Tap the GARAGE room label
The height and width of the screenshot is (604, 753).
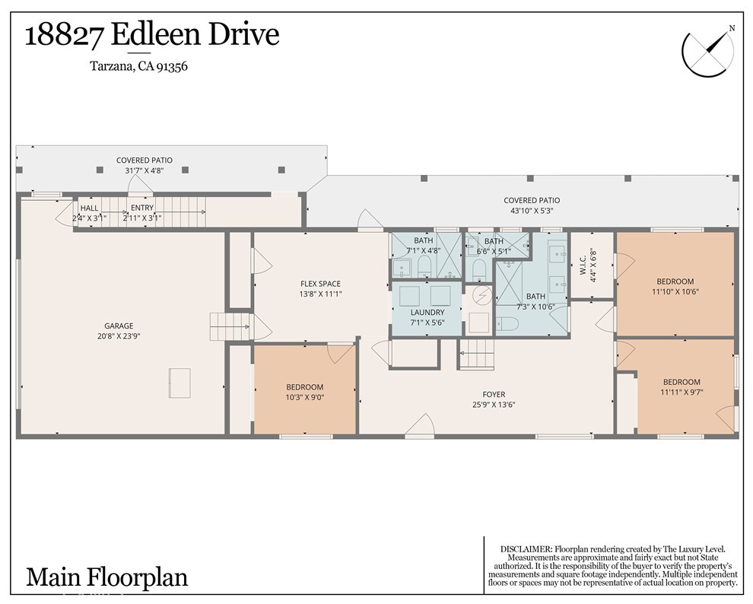pyautogui.click(x=119, y=325)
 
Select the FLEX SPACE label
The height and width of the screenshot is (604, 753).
pyautogui.click(x=320, y=284)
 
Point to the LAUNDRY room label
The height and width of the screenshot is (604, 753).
pyautogui.click(x=426, y=313)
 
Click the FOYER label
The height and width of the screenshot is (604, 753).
pyautogui.click(x=494, y=394)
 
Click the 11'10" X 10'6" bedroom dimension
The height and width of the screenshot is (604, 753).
pyautogui.click(x=675, y=291)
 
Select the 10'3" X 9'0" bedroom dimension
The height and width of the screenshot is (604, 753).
pyautogui.click(x=304, y=397)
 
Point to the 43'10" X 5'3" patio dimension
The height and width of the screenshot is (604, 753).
pyautogui.click(x=532, y=211)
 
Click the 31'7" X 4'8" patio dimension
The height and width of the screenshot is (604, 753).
pyautogui.click(x=144, y=170)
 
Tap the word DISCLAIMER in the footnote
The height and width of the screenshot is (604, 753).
pyautogui.click(x=526, y=548)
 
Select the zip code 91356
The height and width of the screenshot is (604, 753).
pyautogui.click(x=171, y=66)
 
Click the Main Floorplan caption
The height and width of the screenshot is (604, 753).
pyautogui.click(x=106, y=577)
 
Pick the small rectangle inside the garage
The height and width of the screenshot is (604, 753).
pyautogui.click(x=180, y=383)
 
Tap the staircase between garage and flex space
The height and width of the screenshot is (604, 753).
pyautogui.click(x=230, y=327)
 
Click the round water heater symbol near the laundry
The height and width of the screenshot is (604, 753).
pyautogui.click(x=481, y=294)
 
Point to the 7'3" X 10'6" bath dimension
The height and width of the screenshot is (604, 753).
pyautogui.click(x=535, y=307)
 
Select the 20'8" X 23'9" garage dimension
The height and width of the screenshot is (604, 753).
pyautogui.click(x=119, y=335)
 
